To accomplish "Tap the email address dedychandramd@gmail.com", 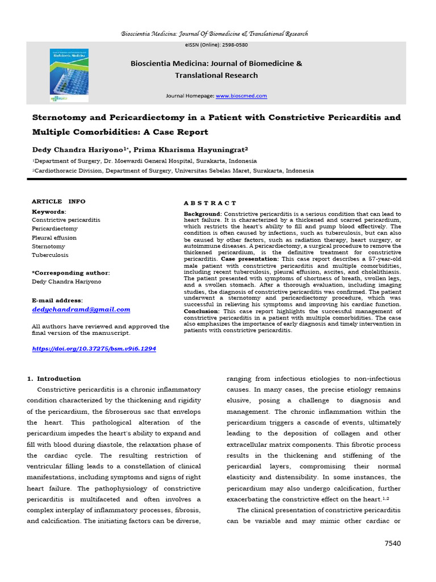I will [81, 310].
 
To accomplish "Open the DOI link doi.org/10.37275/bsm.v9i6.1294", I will [93, 348].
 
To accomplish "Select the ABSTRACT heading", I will [210, 203].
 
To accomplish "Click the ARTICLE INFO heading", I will [58, 201].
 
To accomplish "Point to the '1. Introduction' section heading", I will [54, 379].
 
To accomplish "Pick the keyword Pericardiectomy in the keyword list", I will [56, 228].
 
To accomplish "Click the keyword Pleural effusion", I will [54, 238].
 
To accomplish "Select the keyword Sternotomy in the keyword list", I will [48, 247].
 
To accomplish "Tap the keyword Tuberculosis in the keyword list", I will [50, 256].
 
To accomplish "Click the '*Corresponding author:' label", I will [71, 273].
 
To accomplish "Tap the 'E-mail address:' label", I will [57, 300].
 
